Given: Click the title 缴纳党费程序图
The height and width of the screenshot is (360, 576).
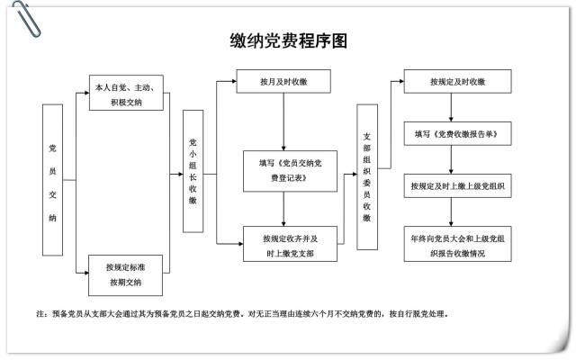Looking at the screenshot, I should (x=288, y=41).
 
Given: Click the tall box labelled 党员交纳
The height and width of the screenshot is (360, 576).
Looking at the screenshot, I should (x=53, y=180).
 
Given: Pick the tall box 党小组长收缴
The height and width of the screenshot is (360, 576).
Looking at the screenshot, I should (x=193, y=171).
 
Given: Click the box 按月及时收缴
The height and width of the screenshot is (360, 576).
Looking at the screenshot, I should (x=283, y=82).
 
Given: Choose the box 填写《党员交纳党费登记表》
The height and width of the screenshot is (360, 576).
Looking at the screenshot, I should (x=284, y=171).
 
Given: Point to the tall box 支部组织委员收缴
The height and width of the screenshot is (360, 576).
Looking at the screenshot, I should (x=367, y=176).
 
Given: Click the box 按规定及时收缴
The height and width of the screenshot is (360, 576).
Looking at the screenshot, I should (x=457, y=82).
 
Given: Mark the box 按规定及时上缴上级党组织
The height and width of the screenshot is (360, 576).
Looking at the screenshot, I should (x=457, y=186).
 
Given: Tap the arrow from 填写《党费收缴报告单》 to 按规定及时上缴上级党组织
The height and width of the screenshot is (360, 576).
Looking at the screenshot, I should (x=457, y=159).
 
